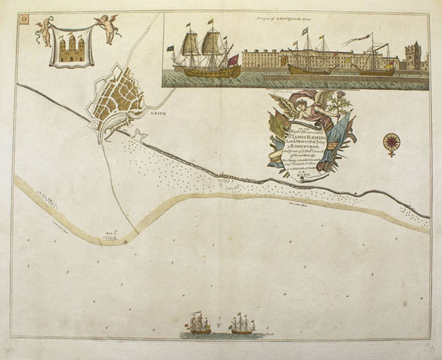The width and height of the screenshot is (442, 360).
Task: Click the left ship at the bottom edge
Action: [199, 324]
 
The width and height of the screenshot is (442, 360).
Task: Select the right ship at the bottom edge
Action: [242, 324]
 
